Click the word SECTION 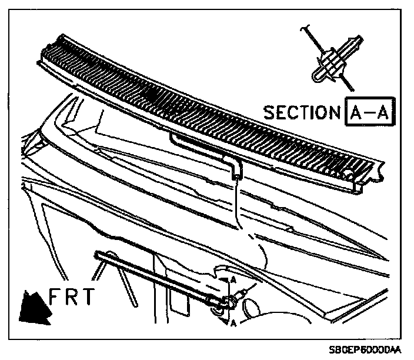point(300,112)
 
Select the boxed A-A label point(369,111)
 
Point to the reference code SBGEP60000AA point(364,349)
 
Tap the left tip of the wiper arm point(96,254)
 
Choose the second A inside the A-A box point(382,111)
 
